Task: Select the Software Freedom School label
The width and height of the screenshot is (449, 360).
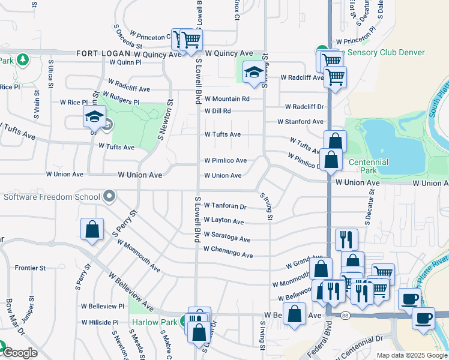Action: point(52,197)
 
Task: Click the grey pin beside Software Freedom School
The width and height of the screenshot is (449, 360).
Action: point(109,196)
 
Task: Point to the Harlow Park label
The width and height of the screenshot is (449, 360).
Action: point(154,322)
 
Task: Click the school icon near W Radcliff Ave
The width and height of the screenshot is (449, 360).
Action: point(253,74)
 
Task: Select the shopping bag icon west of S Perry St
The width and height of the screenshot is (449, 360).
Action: point(92,230)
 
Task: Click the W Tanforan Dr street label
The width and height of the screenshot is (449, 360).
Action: point(225,206)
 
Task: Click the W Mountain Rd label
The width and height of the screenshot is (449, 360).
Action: point(226,98)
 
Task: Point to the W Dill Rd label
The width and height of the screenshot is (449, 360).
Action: point(218,111)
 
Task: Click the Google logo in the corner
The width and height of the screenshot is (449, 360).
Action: point(19,353)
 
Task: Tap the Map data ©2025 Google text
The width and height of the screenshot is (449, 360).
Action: point(412,355)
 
